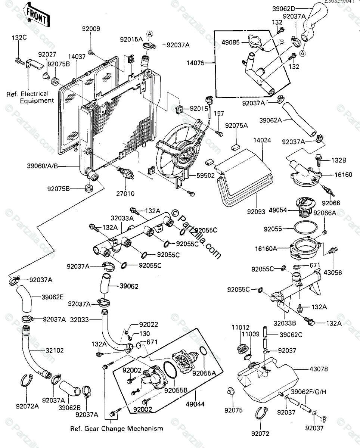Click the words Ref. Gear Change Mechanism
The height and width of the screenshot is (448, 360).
[x=117, y=428]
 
